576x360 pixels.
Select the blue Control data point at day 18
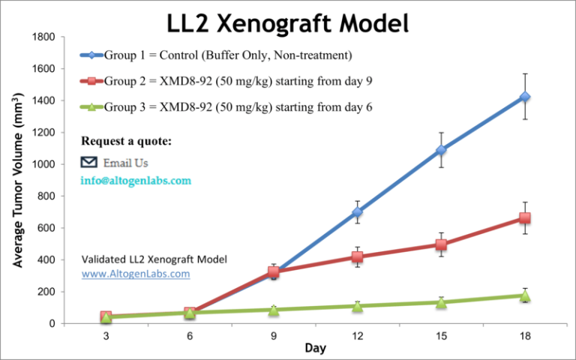click(x=525, y=97)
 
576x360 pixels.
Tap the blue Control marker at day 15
click(x=441, y=150)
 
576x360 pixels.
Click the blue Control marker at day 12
click(x=357, y=212)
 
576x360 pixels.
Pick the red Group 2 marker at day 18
click(x=525, y=217)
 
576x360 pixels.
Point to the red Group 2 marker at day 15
click(x=441, y=244)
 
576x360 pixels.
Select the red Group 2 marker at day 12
click(x=357, y=256)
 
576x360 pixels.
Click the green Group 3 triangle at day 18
click(x=525, y=296)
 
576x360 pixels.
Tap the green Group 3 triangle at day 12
click(x=357, y=306)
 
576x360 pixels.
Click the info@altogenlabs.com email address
click(x=136, y=181)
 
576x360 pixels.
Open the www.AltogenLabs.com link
click(x=135, y=274)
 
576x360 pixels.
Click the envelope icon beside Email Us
click(x=89, y=162)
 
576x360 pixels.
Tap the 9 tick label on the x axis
click(x=273, y=336)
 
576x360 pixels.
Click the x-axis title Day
click(x=315, y=349)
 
